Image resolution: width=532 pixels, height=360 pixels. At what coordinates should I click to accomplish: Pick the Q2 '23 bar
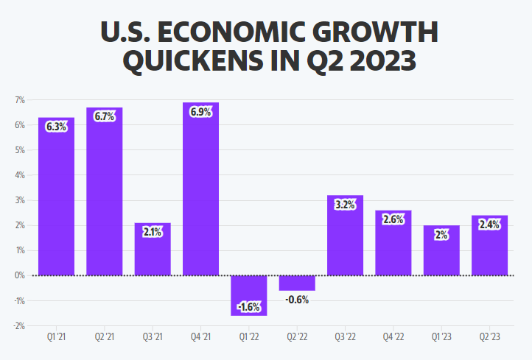tap(490, 250)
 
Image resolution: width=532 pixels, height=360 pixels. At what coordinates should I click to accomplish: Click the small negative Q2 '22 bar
tap(297, 283)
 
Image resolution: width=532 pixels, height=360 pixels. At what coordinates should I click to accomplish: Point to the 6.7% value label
tap(105, 116)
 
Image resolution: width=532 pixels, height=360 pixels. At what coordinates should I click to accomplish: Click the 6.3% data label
tap(56, 127)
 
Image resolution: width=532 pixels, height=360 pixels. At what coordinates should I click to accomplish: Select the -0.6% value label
tap(297, 300)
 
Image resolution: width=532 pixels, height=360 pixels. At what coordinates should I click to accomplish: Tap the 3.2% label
tap(345, 205)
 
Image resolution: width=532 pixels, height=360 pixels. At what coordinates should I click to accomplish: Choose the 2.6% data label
tap(393, 219)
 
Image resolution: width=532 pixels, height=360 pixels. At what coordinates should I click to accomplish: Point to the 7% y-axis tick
tap(20, 99)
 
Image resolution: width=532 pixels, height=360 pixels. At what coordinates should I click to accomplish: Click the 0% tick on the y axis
tap(20, 275)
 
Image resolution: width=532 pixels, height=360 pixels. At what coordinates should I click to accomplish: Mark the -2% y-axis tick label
tap(19, 325)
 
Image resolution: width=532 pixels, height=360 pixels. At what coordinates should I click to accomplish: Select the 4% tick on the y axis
tap(20, 175)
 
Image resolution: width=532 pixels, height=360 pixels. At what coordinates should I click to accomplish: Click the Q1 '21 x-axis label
tap(56, 337)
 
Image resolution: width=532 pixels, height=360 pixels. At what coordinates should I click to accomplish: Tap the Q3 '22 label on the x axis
tap(345, 337)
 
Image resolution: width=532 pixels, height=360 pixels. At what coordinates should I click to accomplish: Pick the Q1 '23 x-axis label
tap(441, 337)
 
